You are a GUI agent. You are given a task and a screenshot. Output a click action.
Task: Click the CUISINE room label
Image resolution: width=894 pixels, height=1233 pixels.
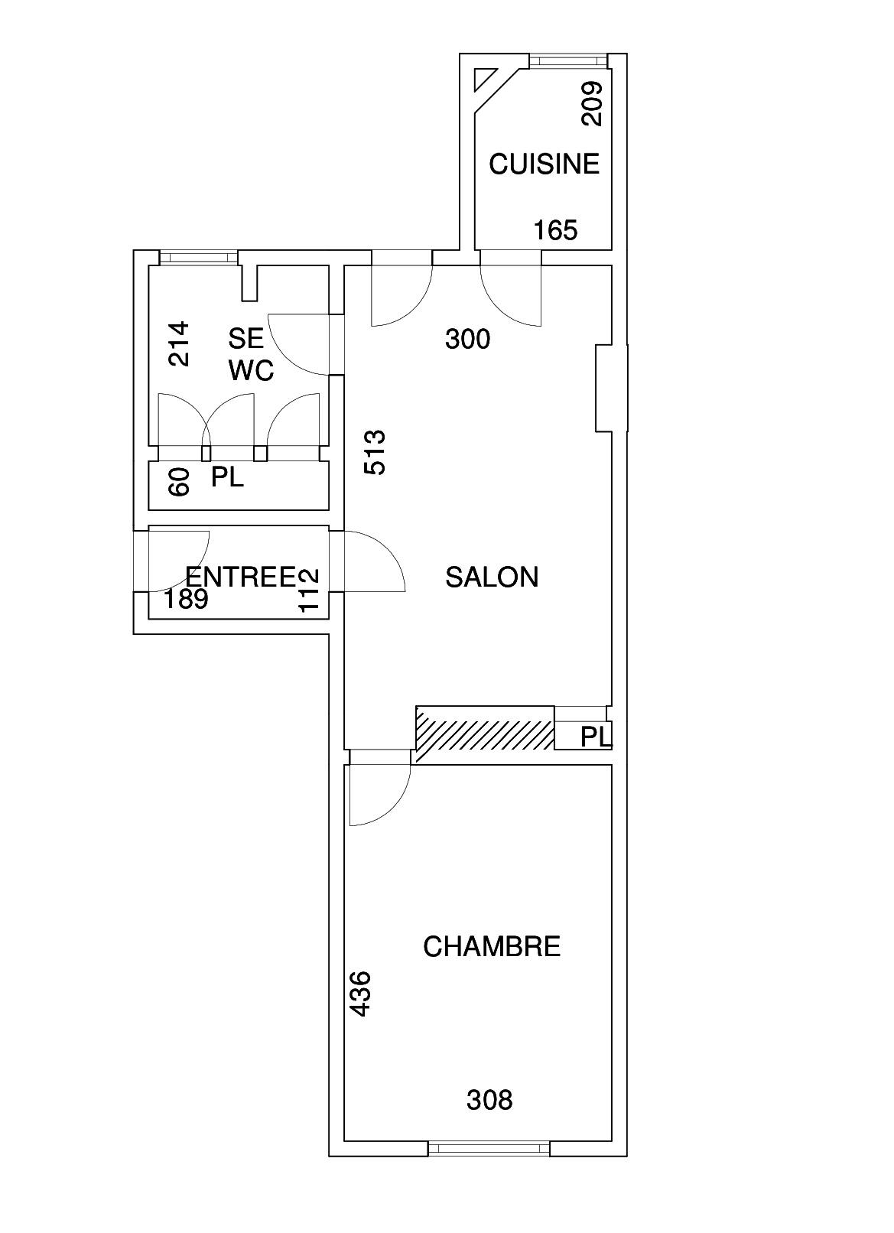[544, 164]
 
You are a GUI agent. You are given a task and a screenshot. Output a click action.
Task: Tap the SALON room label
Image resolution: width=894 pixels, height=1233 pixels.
[492, 577]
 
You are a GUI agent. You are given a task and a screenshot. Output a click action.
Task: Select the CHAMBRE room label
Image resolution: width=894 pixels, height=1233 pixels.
[492, 947]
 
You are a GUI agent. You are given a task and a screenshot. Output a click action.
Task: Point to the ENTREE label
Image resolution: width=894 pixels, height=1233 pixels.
[240, 576]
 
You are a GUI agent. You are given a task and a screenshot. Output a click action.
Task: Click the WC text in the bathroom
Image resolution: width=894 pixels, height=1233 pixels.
[251, 371]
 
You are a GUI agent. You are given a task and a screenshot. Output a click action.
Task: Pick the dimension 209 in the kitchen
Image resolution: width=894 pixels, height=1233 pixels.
[593, 103]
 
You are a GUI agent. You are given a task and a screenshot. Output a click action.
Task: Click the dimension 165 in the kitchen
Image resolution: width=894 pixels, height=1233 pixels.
[555, 230]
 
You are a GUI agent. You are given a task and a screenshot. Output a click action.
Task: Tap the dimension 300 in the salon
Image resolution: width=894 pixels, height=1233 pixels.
[467, 339]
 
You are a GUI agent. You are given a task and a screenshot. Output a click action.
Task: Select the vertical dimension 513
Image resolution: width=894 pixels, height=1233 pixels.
[375, 452]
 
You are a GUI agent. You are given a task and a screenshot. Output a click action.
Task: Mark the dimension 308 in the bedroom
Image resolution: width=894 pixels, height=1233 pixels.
[489, 1100]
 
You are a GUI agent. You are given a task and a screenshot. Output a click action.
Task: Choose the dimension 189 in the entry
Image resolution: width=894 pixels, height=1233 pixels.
[186, 599]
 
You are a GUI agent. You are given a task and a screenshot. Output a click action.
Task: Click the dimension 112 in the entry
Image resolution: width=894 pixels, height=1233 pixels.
[308, 590]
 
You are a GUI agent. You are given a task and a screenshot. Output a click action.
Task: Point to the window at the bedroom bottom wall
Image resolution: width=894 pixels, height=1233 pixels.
[489, 1148]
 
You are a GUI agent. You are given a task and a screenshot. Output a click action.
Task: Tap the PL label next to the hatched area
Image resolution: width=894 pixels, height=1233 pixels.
[596, 737]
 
